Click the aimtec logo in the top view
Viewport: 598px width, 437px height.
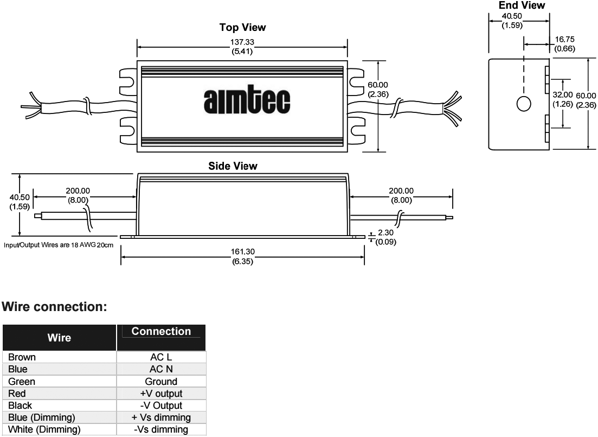[247, 101]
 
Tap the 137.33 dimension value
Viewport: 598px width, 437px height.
[242, 42]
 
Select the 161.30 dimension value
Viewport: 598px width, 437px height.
[242, 252]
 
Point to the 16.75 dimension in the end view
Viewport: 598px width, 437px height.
[565, 39]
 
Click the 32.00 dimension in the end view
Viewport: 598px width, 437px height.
[563, 95]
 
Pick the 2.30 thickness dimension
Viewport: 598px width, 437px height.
[385, 233]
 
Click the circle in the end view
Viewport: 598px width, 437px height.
[524, 104]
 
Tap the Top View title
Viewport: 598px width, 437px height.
[242, 28]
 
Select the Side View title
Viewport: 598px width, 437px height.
[233, 166]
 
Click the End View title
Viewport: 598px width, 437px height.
[522, 5]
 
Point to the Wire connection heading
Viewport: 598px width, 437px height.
[55, 307]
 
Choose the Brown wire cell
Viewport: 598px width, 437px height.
[59, 357]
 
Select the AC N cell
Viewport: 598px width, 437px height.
[162, 369]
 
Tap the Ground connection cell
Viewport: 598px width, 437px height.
[162, 381]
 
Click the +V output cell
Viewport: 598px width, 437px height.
[162, 394]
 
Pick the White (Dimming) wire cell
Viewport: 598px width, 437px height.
[59, 429]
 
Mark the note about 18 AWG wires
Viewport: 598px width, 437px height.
[59, 245]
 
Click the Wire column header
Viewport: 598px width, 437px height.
[59, 338]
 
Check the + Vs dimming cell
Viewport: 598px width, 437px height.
[162, 417]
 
